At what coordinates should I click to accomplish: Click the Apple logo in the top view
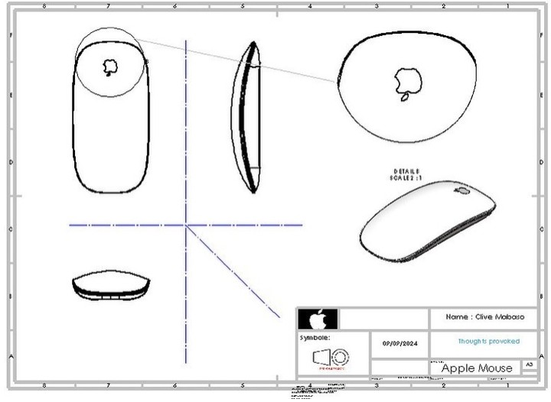[111, 66]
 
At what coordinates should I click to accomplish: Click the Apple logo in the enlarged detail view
[406, 82]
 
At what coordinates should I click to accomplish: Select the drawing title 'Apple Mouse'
[477, 368]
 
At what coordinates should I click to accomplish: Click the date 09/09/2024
[400, 343]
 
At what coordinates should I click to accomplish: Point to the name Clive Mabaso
[481, 316]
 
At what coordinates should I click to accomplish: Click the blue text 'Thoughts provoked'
[488, 341]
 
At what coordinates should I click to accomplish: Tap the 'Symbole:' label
[315, 336]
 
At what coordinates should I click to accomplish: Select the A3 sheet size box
[528, 366]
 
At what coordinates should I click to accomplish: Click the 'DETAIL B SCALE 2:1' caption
[407, 174]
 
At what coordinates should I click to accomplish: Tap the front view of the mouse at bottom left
[112, 285]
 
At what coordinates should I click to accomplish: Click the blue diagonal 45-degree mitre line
[233, 271]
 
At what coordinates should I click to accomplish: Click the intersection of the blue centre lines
[186, 225]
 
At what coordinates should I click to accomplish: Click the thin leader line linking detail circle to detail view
[237, 58]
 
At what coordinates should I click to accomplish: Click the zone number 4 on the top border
[310, 5]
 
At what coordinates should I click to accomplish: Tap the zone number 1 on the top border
[507, 5]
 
